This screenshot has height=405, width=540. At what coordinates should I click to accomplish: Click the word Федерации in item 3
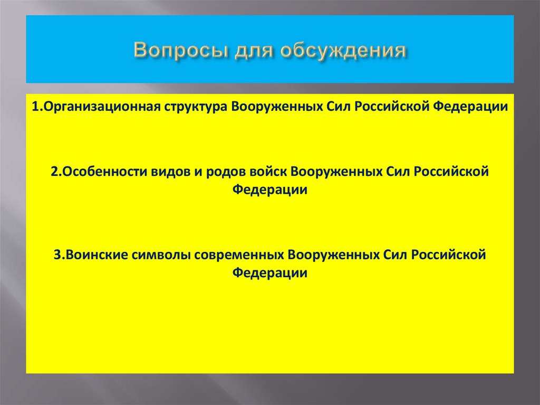270,273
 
